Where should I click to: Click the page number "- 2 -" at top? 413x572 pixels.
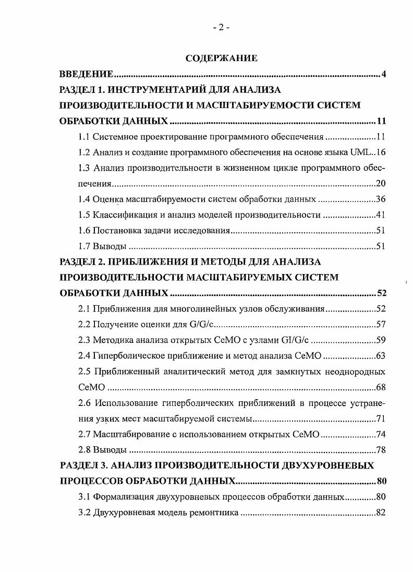[221, 28]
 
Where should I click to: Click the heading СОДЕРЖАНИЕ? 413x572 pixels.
[222, 58]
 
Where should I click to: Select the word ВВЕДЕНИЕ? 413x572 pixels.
[87, 74]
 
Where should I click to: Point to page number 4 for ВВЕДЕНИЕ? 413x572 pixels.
[383, 74]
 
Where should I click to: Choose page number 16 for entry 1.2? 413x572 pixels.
[380, 152]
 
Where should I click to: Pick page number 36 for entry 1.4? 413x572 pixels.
[380, 199]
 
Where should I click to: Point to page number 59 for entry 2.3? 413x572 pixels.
[380, 340]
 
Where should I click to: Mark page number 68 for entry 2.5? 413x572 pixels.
[380, 387]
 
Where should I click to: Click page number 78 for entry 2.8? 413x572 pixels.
[380, 449]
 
